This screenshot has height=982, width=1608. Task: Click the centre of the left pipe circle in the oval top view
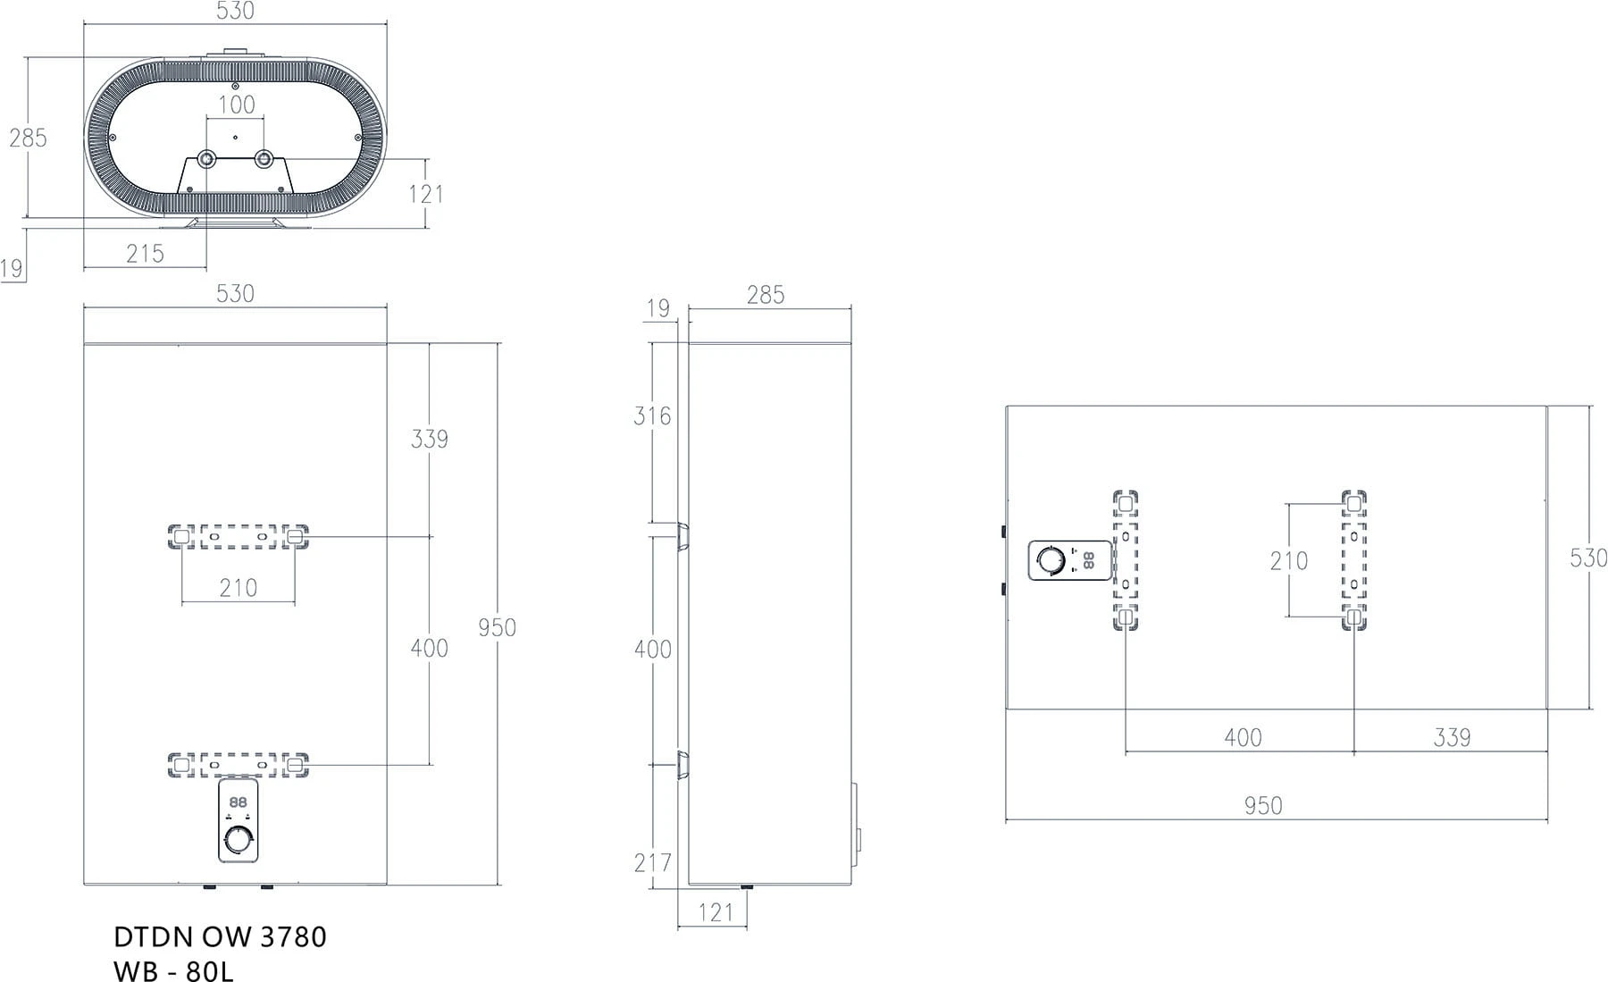[x=206, y=159]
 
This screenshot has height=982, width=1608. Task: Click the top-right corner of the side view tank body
[x=851, y=343]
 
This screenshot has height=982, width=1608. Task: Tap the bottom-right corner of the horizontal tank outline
[x=1547, y=709]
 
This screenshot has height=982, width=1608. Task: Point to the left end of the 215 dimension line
[x=84, y=267]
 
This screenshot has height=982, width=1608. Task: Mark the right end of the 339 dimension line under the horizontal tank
[x=1547, y=752]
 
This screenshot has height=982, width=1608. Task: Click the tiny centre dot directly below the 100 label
[x=235, y=138]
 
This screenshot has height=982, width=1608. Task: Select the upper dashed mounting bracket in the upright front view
[x=239, y=537]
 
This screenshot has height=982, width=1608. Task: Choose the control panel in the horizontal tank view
[x=1070, y=560]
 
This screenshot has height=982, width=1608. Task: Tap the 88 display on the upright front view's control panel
[x=238, y=802]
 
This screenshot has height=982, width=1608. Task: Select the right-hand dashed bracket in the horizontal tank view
[x=1354, y=560]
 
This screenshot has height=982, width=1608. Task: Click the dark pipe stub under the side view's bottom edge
[x=747, y=888]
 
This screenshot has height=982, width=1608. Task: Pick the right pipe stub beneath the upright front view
[x=265, y=888]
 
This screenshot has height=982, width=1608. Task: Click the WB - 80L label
[x=174, y=970]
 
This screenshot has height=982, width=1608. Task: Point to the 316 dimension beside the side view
[x=652, y=415]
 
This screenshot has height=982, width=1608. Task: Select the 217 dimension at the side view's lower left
[x=652, y=862]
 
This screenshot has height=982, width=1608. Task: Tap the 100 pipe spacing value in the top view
[x=237, y=105]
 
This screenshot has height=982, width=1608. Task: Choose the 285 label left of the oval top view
[x=28, y=138]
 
